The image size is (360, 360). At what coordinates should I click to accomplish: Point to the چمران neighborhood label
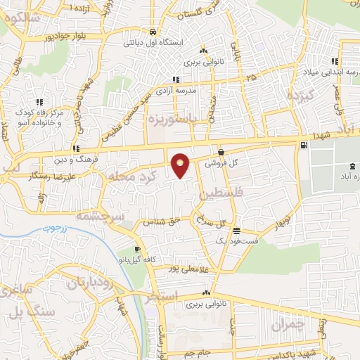(x=289, y=325)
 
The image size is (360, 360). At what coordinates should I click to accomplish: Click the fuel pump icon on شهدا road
(x=303, y=146)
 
